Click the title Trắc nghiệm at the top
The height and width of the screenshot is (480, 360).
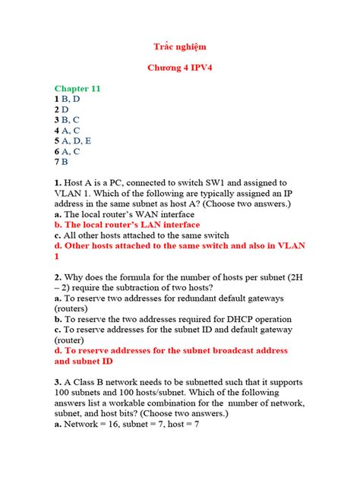coord(179,47)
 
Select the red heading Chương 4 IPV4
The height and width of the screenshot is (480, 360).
coord(179,68)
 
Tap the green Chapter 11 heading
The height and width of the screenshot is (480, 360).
coord(77,89)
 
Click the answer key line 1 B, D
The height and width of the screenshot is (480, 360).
coord(67,99)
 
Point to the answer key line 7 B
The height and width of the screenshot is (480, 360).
coord(62,162)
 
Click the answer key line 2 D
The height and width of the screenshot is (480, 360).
coord(62,109)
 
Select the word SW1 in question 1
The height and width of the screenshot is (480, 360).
coord(232,183)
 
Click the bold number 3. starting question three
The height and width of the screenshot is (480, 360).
coord(58,382)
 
